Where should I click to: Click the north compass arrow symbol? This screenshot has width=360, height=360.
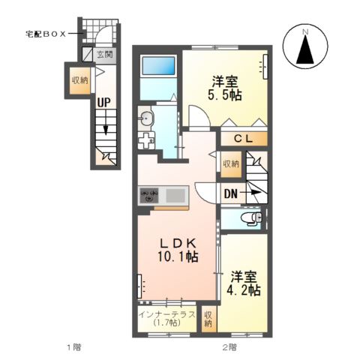[x=305, y=50]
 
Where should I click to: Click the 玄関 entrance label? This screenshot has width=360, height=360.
[x=104, y=54]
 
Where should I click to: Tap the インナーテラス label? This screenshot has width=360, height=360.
[x=166, y=314]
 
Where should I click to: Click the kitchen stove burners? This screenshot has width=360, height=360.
[x=148, y=196]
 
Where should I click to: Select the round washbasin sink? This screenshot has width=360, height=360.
[x=146, y=118]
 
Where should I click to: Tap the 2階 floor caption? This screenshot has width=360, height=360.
[x=228, y=347]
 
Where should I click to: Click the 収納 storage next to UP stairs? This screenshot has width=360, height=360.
[x=79, y=80]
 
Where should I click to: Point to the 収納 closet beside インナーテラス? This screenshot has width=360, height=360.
[x=208, y=318]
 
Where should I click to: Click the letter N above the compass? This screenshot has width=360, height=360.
[x=305, y=32]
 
